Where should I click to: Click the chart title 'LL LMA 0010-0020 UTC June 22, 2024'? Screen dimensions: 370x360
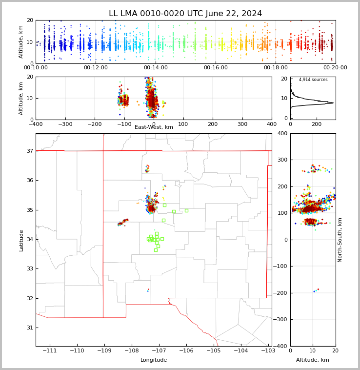pyautogui.click(x=185, y=14)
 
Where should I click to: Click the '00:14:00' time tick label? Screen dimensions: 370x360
pyautogui.click(x=156, y=68)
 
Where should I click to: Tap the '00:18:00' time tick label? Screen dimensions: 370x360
pyautogui.click(x=276, y=68)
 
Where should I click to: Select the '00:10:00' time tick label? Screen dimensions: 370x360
pyautogui.click(x=36, y=68)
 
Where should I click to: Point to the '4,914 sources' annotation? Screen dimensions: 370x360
pyautogui.click(x=313, y=80)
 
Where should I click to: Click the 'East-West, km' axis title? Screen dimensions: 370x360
pyautogui.click(x=154, y=127)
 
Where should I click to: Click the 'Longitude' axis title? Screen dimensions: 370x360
pyautogui.click(x=154, y=360)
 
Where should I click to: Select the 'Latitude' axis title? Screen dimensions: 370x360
pyautogui.click(x=21, y=240)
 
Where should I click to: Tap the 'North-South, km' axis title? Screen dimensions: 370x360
pyautogui.click(x=340, y=240)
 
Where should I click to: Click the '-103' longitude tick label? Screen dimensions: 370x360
pyautogui.click(x=267, y=351)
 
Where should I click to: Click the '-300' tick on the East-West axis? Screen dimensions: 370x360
pyautogui.click(x=65, y=124)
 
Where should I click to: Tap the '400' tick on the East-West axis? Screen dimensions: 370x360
pyautogui.click(x=272, y=124)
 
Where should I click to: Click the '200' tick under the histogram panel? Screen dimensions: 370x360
pyautogui.click(x=317, y=124)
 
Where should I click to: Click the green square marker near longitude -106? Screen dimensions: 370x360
pyautogui.click(x=186, y=210)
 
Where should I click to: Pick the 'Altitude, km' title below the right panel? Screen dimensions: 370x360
pyautogui.click(x=313, y=360)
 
